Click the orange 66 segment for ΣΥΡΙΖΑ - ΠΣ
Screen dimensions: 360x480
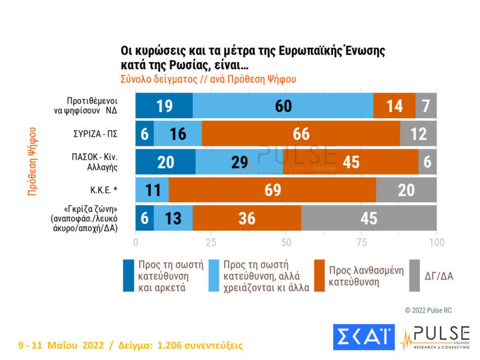pos(301,134)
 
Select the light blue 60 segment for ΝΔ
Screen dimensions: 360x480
pos(283,106)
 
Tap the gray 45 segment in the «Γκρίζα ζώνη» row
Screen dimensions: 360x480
pos(369,218)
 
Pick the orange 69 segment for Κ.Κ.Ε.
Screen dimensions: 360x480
pos(272,190)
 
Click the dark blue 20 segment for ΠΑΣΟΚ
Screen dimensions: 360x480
pos(165,162)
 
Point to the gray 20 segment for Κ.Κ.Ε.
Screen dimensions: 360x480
pos(406,190)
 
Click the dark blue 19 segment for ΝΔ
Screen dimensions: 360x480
pos(164,106)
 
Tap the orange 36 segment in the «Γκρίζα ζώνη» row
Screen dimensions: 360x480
pos(247,218)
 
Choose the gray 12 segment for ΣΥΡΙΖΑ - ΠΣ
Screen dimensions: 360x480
pos(418,134)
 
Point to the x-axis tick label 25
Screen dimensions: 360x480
pos(211,242)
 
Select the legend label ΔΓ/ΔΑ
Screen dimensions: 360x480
pos(439,277)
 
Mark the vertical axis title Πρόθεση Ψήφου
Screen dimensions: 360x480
pos(32,162)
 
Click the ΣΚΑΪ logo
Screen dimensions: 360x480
pos(363,337)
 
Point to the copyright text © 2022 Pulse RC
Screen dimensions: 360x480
pos(428,310)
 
